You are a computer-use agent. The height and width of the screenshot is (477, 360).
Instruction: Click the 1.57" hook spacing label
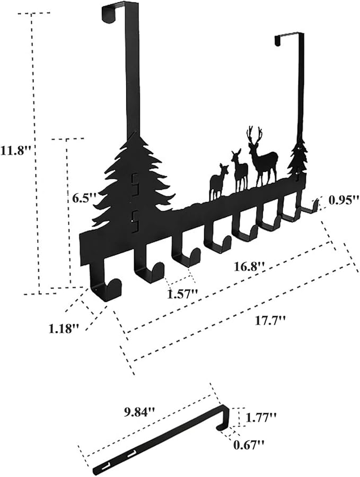point(183,294)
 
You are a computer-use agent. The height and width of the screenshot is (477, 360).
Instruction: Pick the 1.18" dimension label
point(64,328)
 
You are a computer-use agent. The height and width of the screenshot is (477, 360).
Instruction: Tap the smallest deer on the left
point(218,181)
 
